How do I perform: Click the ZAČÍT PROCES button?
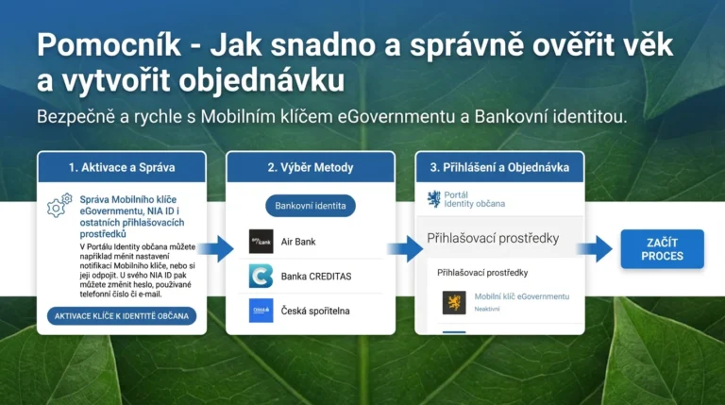[x=662, y=249]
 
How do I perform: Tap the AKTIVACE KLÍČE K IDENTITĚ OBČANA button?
[x=122, y=315]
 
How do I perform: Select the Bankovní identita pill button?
[x=310, y=205]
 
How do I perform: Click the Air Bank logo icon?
[x=261, y=242]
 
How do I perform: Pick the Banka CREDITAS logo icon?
[x=261, y=277]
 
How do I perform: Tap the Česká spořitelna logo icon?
[x=261, y=311]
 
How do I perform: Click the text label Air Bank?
[x=298, y=242]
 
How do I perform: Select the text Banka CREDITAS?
[x=316, y=277]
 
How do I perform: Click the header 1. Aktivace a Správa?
[x=122, y=167]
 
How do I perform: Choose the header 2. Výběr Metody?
[x=310, y=167]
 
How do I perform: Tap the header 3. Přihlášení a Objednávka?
[x=499, y=167]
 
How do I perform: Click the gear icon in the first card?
[x=57, y=206]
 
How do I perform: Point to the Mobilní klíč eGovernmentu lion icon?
[x=454, y=302]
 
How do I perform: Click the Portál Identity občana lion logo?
[x=434, y=198]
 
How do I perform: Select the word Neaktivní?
[x=487, y=309]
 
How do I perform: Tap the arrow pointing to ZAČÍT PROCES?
[x=596, y=249]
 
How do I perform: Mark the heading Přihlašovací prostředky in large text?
[x=495, y=239]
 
